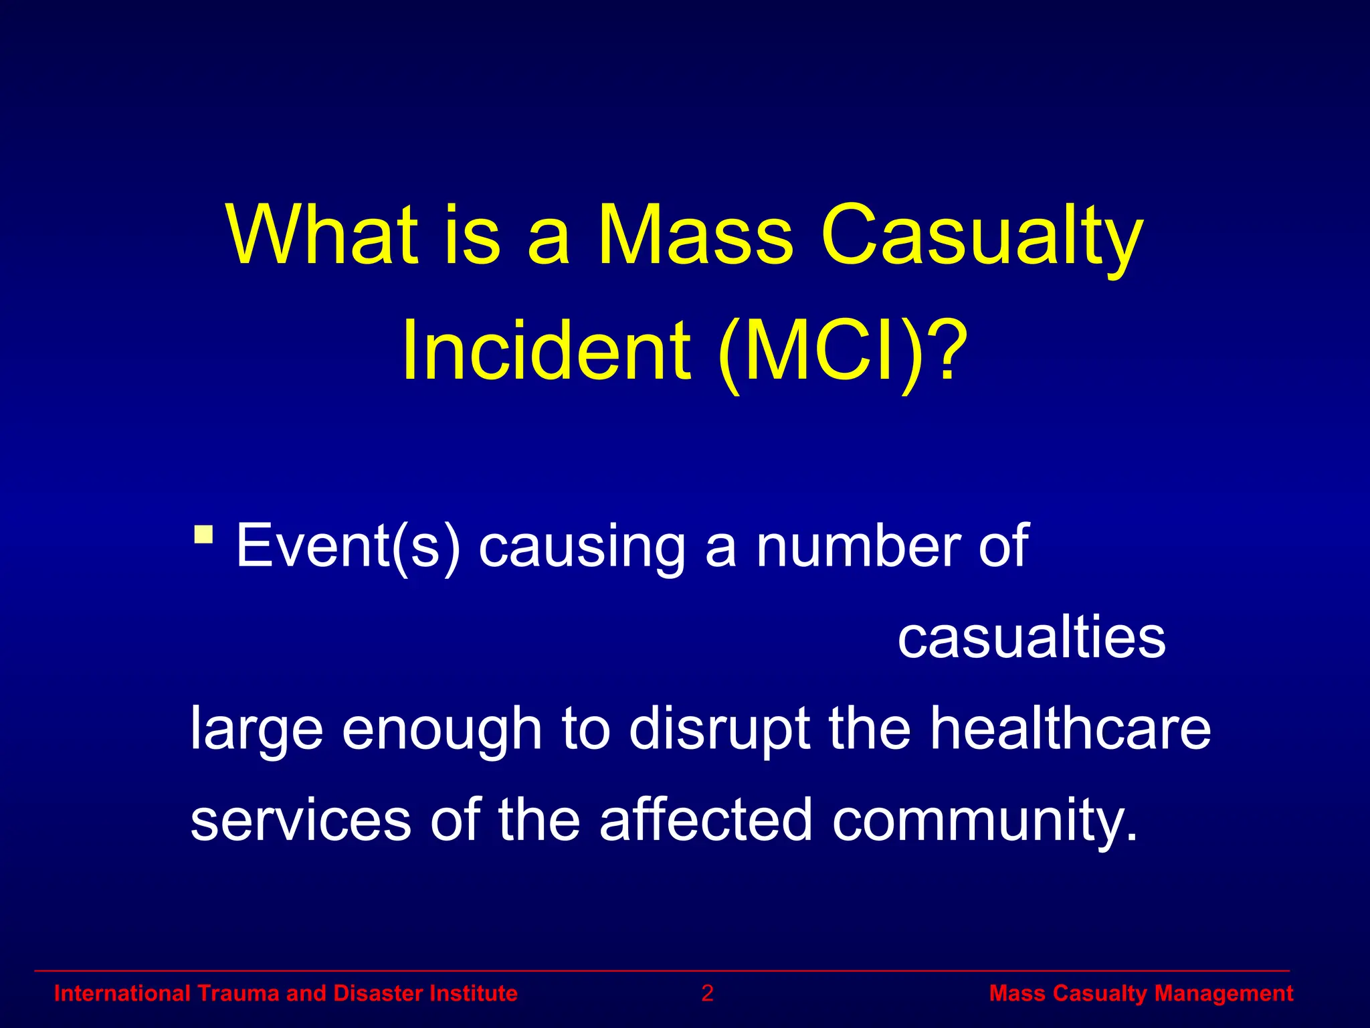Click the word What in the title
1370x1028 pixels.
click(323, 236)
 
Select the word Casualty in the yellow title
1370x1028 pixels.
click(982, 236)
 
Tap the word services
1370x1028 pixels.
click(300, 821)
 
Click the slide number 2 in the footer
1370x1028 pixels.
click(707, 993)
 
